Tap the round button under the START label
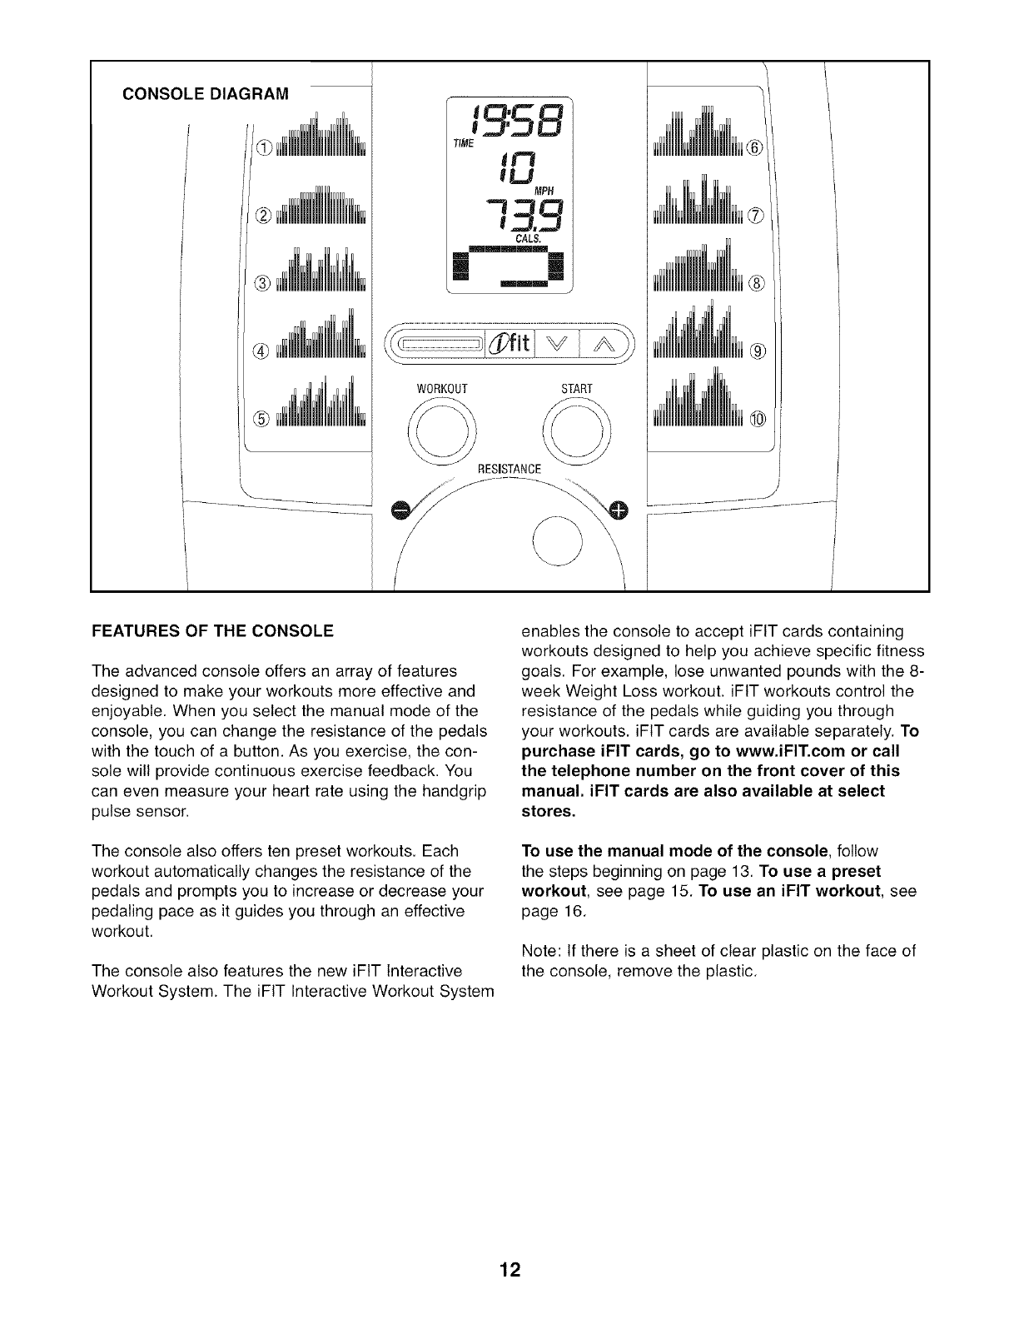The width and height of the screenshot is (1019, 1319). pos(575,431)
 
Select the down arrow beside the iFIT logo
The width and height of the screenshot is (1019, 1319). pos(559,342)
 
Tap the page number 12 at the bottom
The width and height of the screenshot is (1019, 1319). pos(509,1270)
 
